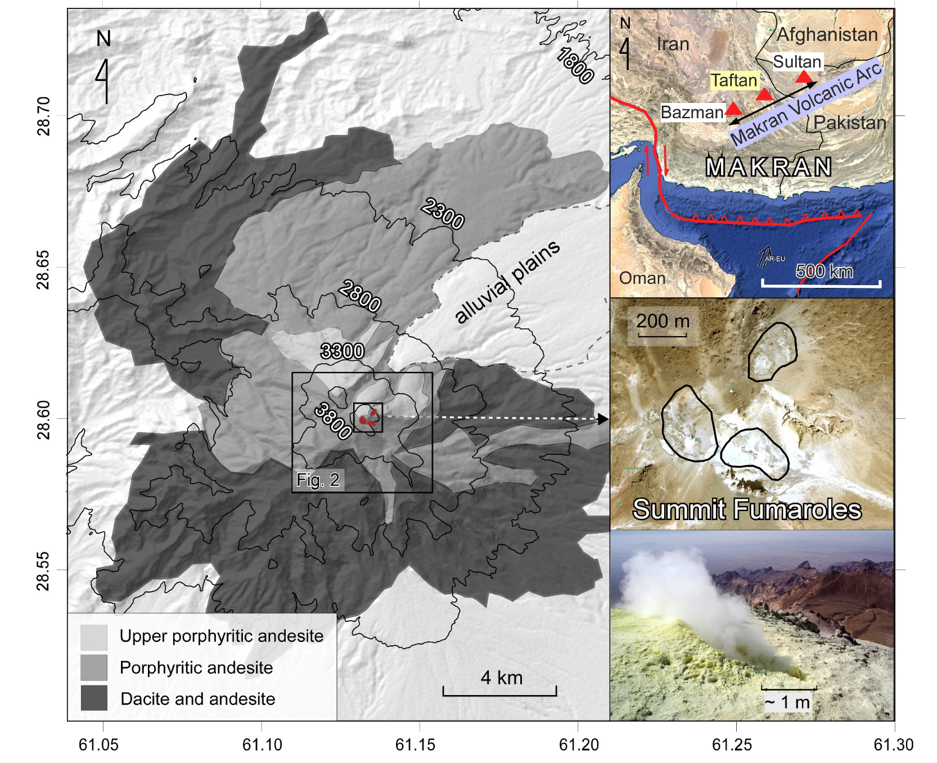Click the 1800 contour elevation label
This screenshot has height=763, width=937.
point(575,66)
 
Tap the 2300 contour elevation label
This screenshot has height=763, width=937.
point(443,214)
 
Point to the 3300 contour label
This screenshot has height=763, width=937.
point(342,351)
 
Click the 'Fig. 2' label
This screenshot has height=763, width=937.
point(318,480)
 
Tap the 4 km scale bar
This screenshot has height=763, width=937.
point(500,690)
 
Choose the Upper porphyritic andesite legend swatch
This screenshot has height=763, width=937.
point(93,637)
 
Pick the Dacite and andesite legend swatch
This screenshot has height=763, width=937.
point(93,698)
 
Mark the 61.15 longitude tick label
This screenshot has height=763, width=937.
point(415,744)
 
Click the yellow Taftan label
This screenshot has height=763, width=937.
point(733,80)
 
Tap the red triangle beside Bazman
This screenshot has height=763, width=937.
point(733,109)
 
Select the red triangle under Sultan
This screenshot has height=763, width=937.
point(804,76)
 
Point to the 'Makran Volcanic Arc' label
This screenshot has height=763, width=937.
point(805,105)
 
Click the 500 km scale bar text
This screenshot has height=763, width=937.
point(824,271)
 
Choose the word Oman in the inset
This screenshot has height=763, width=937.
point(642,278)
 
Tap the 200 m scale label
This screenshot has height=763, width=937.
point(663,321)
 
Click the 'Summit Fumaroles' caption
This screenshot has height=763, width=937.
point(747,509)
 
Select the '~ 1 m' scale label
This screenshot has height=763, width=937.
point(787,702)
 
